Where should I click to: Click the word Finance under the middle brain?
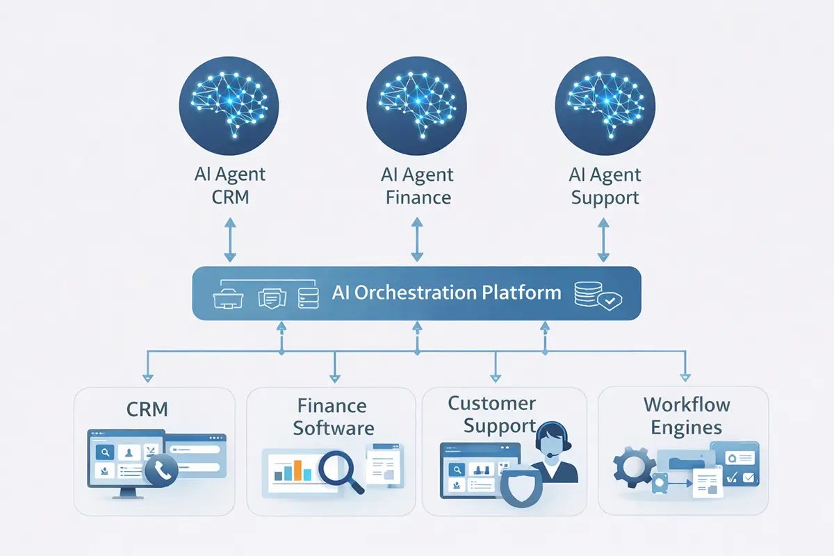(418, 197)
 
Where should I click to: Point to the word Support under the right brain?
(605, 197)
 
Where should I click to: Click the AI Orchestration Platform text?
(446, 293)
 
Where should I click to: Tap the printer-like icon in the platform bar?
(229, 295)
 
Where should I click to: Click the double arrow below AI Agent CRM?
(230, 238)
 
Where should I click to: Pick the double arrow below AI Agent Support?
(603, 238)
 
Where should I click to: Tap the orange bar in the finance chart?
(297, 469)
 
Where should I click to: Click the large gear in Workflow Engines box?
(633, 466)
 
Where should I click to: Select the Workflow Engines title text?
(686, 416)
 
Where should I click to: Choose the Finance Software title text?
(333, 416)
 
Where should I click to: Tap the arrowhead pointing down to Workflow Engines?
(684, 377)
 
